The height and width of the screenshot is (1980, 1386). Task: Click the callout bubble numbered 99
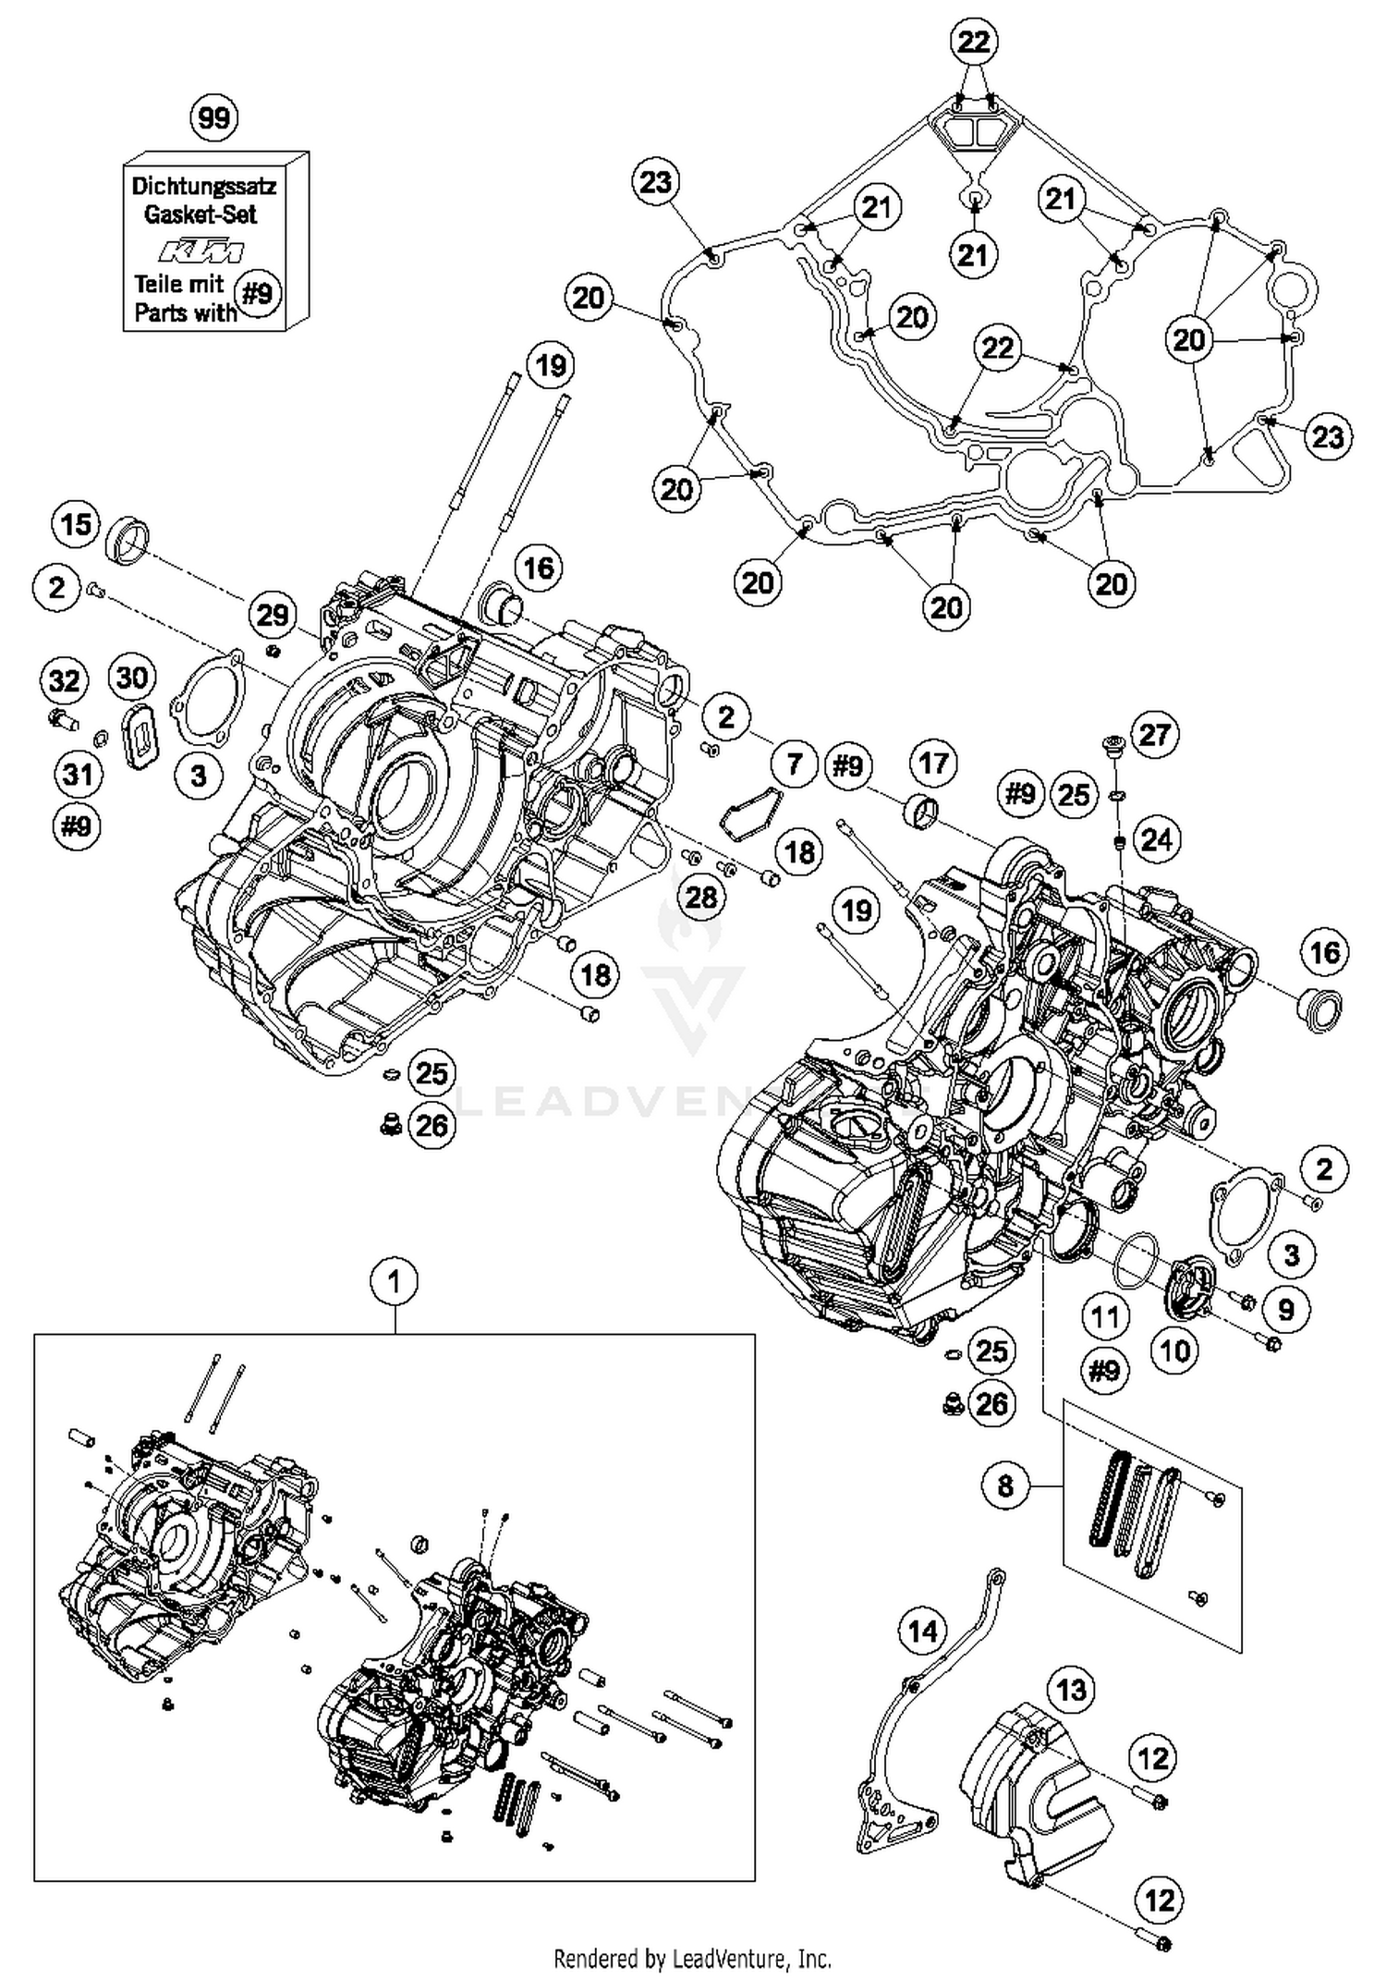213,118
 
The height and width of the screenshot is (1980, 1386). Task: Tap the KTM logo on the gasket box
201,251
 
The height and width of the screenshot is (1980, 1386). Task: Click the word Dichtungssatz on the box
203,186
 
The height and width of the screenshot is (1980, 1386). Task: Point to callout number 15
76,524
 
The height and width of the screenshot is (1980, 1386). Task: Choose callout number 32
64,681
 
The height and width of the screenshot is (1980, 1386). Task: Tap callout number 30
132,678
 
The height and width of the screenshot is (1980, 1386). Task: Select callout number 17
933,763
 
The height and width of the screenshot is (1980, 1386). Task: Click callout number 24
1156,839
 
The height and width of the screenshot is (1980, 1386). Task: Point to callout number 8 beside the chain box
1005,1485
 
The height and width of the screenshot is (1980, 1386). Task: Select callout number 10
1174,1351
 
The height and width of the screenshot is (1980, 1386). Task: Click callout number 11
1105,1317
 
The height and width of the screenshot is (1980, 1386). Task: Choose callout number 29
273,615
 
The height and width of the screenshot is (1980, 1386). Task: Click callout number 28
701,896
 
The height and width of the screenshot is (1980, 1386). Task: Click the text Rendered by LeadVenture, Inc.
692,1958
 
